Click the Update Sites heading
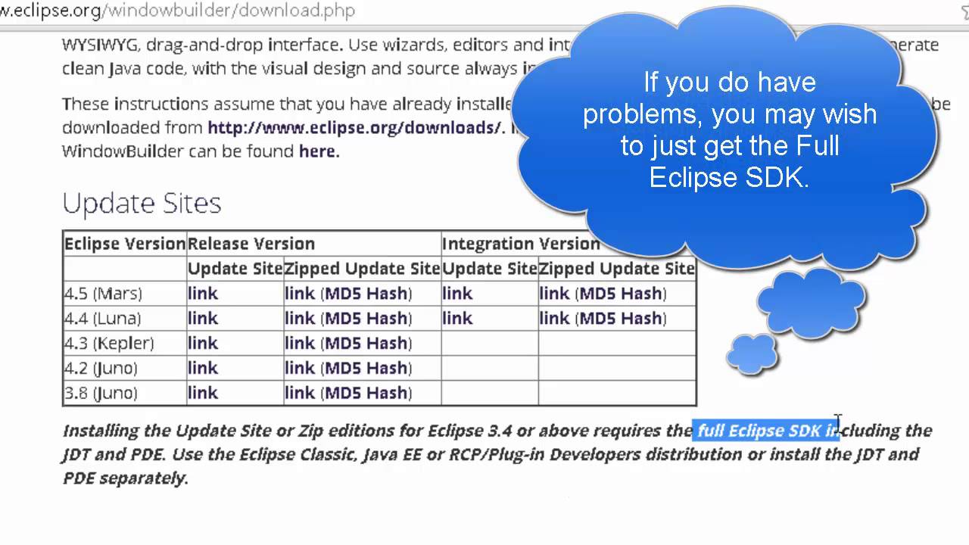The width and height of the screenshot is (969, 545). (142, 203)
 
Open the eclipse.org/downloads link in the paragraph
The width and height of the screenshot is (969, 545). (354, 127)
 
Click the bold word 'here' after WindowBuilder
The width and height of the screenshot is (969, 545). (317, 151)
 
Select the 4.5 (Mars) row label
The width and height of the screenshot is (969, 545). (103, 293)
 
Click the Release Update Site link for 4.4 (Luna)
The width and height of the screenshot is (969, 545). (203, 318)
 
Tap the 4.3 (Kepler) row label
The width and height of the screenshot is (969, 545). (109, 343)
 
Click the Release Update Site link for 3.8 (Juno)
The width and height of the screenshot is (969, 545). (203, 393)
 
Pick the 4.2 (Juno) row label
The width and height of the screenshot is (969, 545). (101, 368)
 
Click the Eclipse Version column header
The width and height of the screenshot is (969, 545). (125, 244)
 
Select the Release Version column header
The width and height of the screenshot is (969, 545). (251, 244)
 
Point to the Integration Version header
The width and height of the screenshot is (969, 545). (521, 244)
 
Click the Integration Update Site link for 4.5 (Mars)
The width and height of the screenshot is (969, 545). (457, 293)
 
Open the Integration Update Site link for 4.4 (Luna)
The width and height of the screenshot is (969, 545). (457, 318)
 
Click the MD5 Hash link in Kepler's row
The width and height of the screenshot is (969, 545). (368, 343)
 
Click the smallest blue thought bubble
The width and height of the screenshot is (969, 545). (752, 353)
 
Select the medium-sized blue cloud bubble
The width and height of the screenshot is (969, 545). (811, 303)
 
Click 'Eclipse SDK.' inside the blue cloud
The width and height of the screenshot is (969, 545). (729, 177)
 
